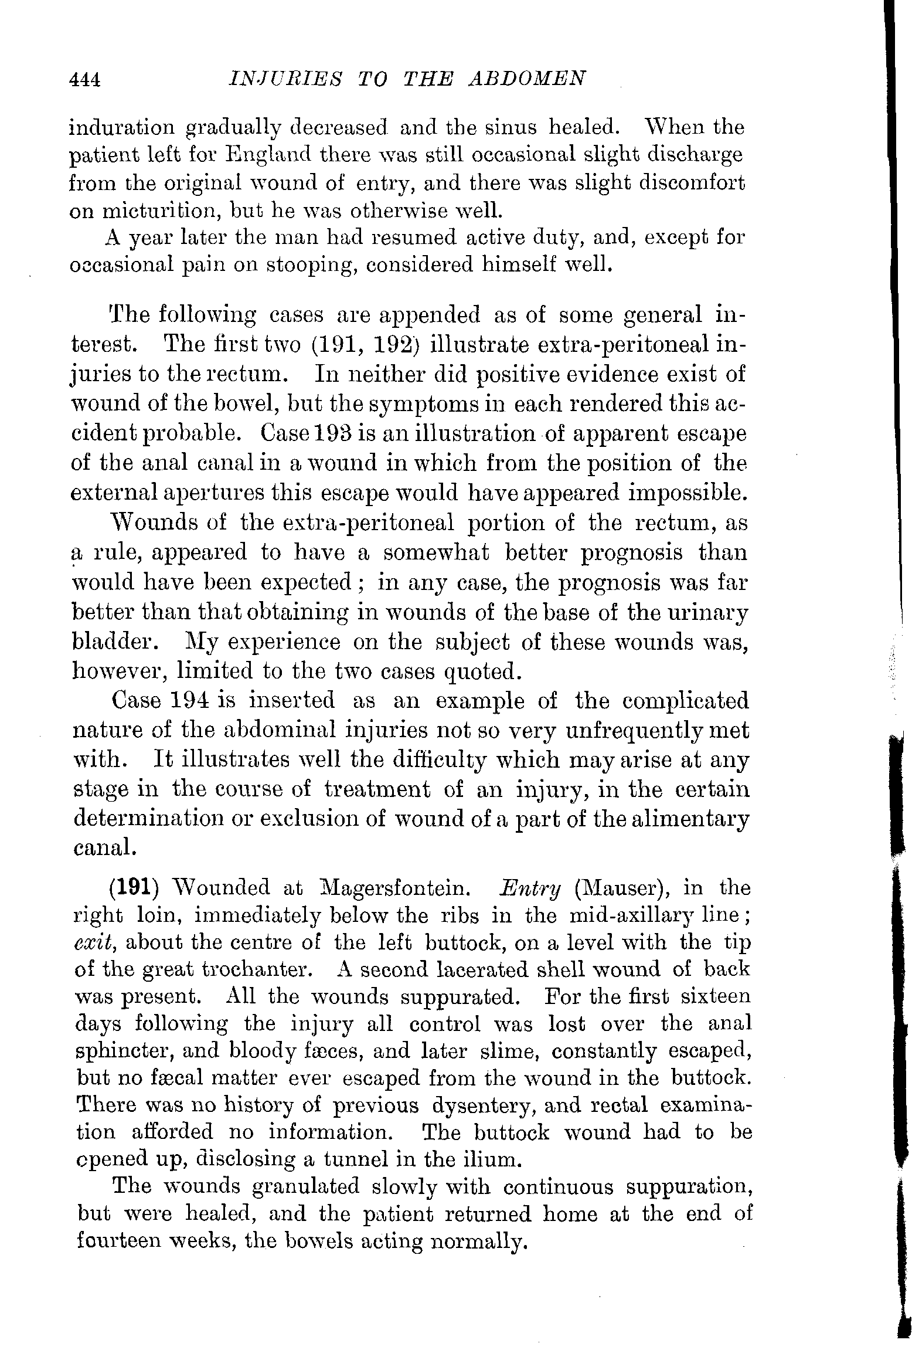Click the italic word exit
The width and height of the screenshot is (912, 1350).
click(x=95, y=942)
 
